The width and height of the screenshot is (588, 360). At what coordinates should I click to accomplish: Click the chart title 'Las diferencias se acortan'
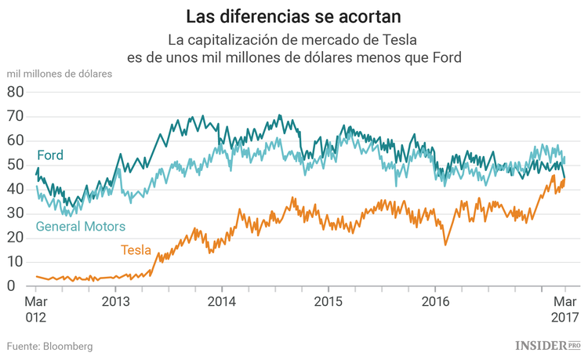pos(294,16)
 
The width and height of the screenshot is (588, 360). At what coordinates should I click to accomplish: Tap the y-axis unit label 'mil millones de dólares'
pos(60,74)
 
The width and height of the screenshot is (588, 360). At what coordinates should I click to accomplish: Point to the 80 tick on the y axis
pos(16,92)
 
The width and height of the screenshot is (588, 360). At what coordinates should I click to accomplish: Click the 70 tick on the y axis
pos(16,116)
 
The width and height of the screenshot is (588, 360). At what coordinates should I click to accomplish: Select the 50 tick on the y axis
pos(16,165)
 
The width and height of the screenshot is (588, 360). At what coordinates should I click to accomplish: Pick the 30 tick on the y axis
pos(16,213)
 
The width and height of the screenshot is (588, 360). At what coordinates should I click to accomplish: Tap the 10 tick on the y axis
pos(16,262)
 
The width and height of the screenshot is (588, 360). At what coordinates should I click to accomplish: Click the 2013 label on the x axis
pos(115,301)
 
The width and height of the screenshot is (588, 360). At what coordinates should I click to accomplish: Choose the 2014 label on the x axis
pos(222,301)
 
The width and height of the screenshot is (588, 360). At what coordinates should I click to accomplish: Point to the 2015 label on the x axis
pos(328,301)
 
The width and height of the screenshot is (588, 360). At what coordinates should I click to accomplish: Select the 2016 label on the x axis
pos(434,301)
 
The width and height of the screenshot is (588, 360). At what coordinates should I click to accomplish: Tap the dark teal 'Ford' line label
pos(50,155)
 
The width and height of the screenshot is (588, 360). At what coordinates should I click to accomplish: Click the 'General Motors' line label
pos(81,227)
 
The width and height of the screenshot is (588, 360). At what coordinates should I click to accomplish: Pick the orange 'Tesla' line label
pos(136,250)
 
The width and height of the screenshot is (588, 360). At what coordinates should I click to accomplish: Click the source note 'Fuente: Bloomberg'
pos(50,346)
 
